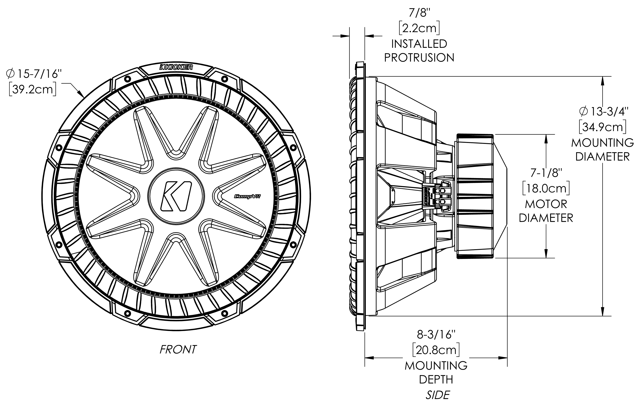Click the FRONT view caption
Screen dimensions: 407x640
(178, 350)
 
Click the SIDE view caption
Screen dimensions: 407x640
(437, 395)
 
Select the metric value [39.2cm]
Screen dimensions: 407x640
(33, 89)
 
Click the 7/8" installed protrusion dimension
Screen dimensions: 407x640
(419, 13)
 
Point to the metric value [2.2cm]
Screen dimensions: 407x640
(419, 28)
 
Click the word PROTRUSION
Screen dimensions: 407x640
(419, 58)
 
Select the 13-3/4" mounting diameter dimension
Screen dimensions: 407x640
(604, 112)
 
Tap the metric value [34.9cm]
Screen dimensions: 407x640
(603, 127)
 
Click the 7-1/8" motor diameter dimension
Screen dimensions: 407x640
(546, 173)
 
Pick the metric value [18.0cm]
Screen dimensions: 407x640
(546, 189)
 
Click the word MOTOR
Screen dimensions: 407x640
(546, 204)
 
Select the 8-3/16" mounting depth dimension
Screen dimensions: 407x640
(436, 335)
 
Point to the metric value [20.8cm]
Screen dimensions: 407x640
(436, 350)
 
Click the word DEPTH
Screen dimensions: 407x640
(436, 380)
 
